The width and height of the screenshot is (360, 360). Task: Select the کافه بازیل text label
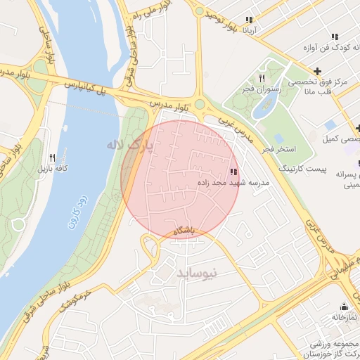51,169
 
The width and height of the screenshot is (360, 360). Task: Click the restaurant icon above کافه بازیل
52,157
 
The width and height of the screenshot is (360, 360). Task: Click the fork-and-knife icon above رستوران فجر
262,78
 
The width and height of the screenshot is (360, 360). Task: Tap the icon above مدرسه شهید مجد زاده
233,172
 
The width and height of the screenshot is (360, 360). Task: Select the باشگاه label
182,231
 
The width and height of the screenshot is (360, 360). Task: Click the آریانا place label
251,30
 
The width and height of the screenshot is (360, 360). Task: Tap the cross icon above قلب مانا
319,71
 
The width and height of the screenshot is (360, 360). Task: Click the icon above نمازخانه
344,307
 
